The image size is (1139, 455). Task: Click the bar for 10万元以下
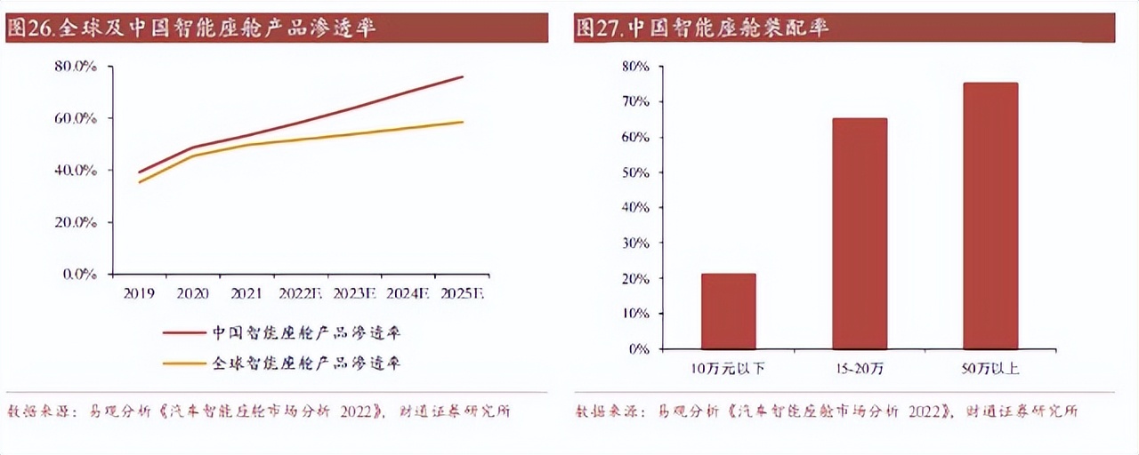coord(728,311)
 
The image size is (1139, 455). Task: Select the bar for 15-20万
coord(859,234)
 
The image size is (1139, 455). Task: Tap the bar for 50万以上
coord(990,216)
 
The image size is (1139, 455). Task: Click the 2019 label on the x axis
coord(139,292)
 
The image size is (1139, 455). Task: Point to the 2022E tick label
coord(302,292)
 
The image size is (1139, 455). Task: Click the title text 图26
coord(30,28)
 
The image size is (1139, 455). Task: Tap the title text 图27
coord(598,28)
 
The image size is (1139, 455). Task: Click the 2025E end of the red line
coord(463,76)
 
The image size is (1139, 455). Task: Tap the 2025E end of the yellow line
coord(463,122)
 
